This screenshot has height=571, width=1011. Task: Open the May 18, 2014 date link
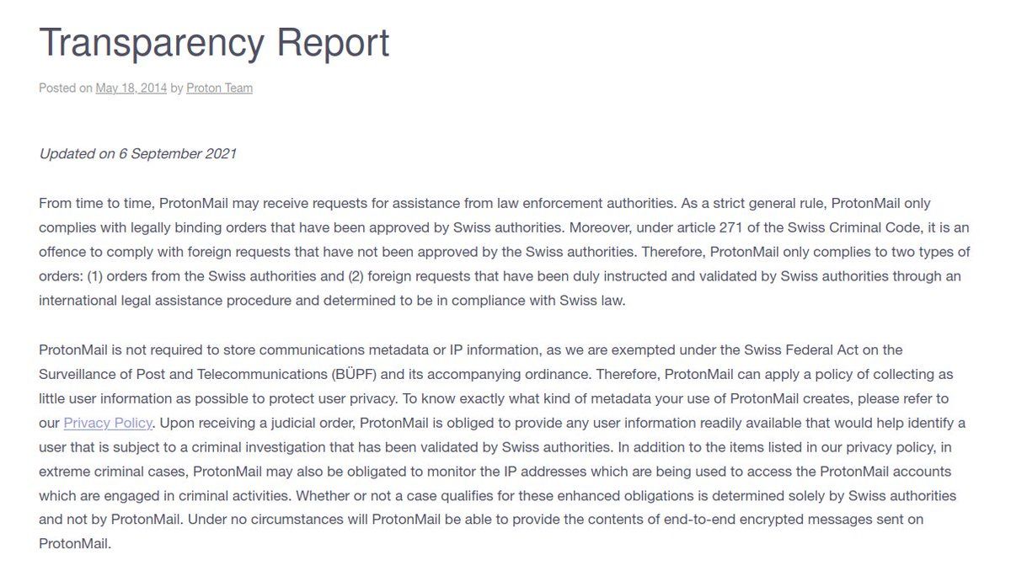[131, 88]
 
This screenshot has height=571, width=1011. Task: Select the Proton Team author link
[219, 88]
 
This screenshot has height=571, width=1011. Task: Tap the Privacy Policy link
[108, 423]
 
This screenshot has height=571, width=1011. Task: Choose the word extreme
[62, 472]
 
